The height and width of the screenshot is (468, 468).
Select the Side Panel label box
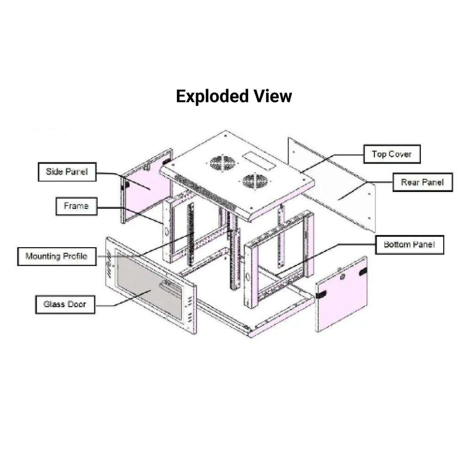tap(67, 172)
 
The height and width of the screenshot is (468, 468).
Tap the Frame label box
tap(76, 206)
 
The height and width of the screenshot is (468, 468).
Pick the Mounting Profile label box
tap(57, 256)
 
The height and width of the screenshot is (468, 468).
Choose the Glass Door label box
tap(65, 304)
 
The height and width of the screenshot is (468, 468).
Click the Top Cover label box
tap(392, 154)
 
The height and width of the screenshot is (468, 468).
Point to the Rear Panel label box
tap(422, 182)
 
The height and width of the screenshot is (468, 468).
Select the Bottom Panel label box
tap(409, 245)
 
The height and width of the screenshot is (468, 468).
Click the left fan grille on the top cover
tap(223, 163)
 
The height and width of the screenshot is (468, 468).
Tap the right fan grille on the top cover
tap(255, 181)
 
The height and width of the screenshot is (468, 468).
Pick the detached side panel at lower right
tap(342, 295)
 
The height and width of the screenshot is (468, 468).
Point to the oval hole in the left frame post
tap(166, 232)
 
